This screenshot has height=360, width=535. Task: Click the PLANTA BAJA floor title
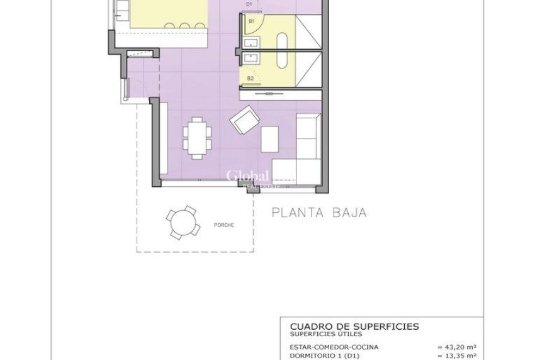tap(318, 213)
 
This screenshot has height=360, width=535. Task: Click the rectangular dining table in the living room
tap(193, 139)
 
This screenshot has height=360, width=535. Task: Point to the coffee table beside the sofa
tap(270, 139)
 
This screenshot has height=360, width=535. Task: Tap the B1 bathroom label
tap(251, 21)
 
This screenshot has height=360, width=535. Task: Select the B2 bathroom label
tap(251, 78)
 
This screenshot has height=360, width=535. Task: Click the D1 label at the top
tap(249, 4)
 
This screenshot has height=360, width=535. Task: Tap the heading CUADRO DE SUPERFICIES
tap(354, 326)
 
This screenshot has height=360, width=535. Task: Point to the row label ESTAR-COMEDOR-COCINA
tap(334, 346)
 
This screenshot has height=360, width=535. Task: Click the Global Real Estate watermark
tap(248, 177)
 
